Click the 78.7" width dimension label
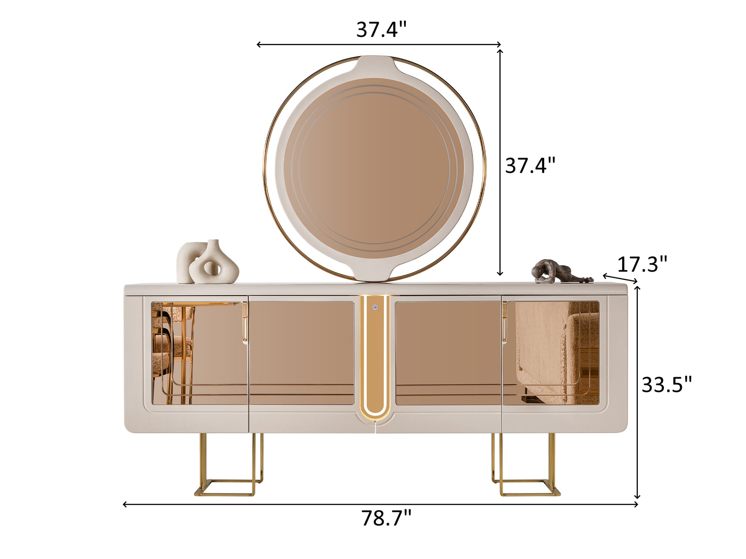[386, 518]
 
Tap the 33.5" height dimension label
[667, 385]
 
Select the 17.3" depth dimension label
[642, 264]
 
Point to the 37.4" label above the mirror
[382, 29]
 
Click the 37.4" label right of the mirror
[530, 166]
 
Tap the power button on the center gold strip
[375, 307]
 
